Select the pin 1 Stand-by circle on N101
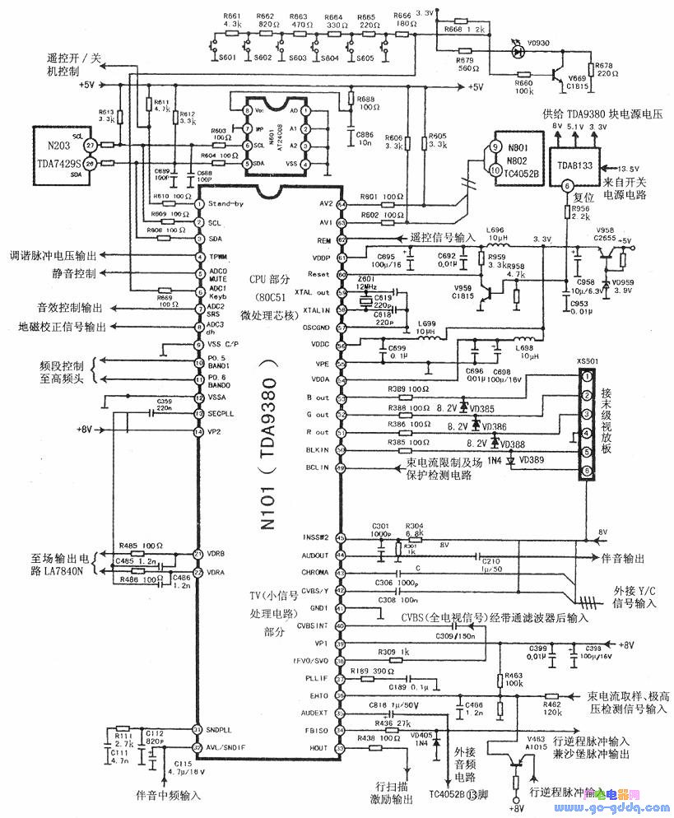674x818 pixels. coord(198,203)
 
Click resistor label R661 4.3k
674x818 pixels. coord(232,21)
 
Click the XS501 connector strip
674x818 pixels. coord(587,425)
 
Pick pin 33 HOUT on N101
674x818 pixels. coord(340,748)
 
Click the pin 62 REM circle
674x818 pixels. coord(340,240)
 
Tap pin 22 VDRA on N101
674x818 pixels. coord(198,572)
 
